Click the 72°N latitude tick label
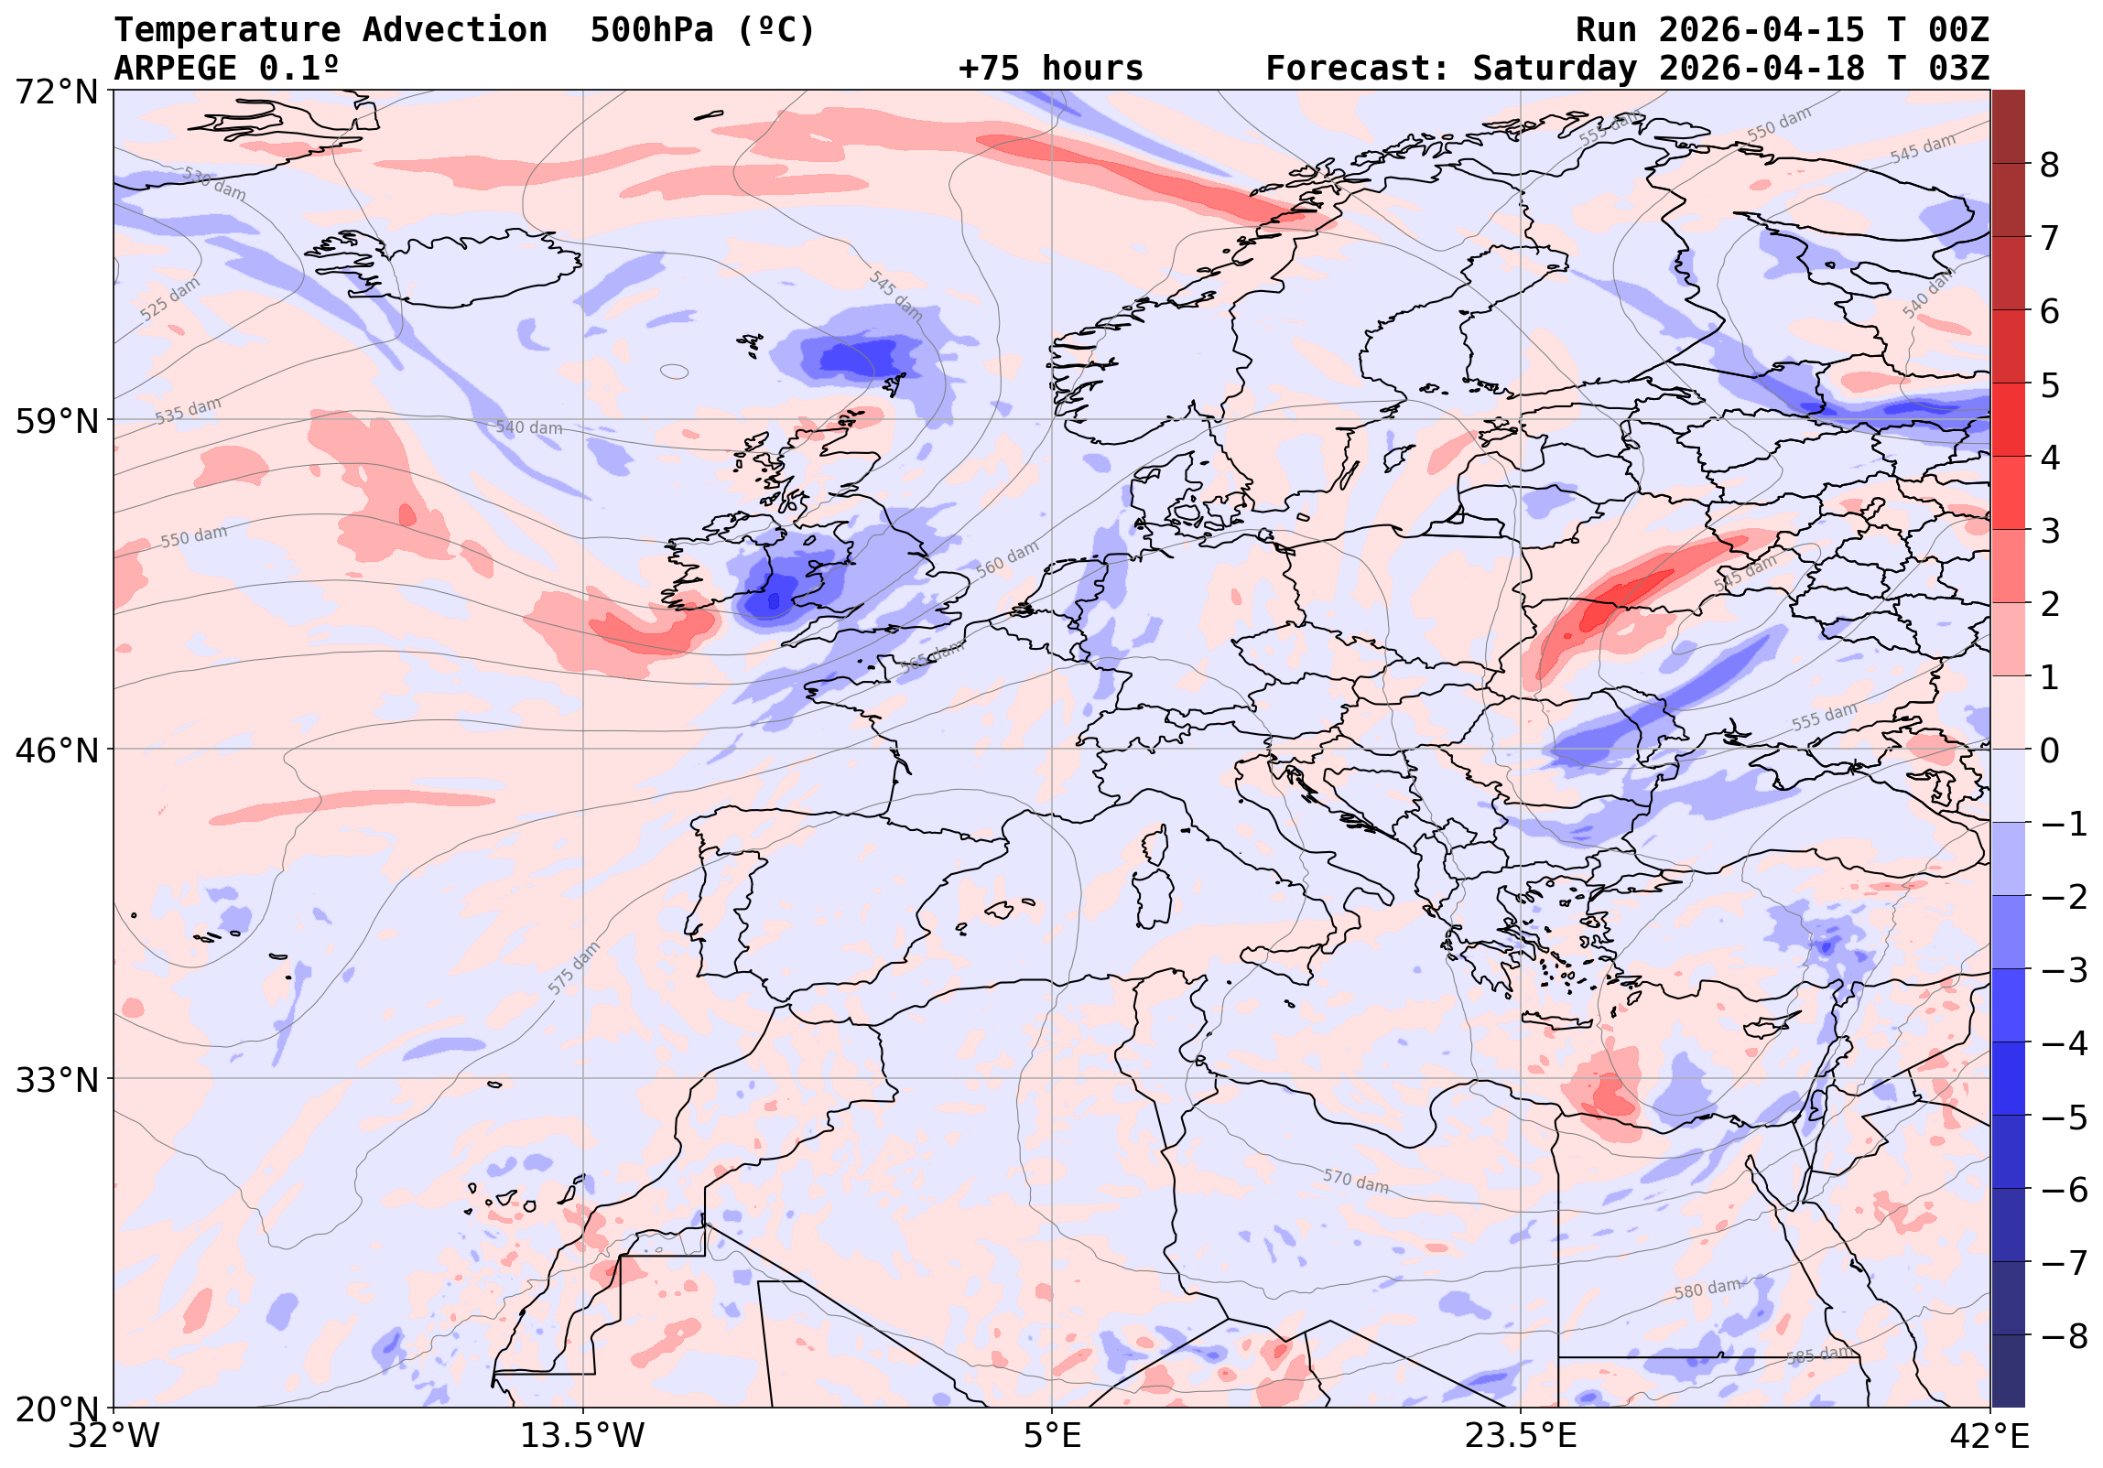click(x=57, y=92)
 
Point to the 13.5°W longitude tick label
click(x=582, y=1436)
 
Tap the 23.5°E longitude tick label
click(x=1521, y=1436)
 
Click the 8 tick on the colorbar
click(x=2049, y=166)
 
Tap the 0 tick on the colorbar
click(x=2050, y=751)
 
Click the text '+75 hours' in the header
click(x=1050, y=69)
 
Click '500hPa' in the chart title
click(x=651, y=30)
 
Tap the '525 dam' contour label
click(x=170, y=299)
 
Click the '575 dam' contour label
click(x=574, y=968)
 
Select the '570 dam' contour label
click(x=1356, y=1182)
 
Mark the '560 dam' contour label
click(x=1007, y=558)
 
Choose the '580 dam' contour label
click(x=1707, y=1290)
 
